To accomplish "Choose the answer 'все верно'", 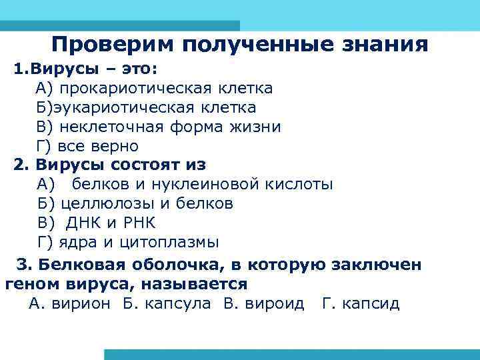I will tap(98, 146).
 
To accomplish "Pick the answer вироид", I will tap(273, 304).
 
